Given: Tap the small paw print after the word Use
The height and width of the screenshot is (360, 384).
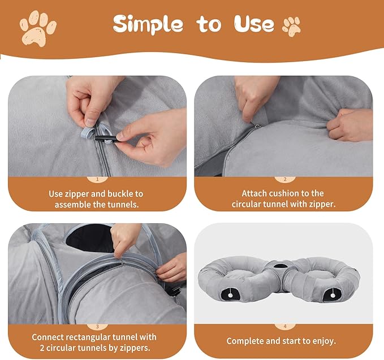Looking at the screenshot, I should (291, 25).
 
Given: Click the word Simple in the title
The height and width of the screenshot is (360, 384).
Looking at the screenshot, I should (148, 24).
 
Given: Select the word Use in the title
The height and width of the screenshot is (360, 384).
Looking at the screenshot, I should (253, 24).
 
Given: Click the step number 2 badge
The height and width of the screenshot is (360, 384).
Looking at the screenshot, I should (285, 180).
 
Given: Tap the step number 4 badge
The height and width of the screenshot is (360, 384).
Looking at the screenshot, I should (285, 327).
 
